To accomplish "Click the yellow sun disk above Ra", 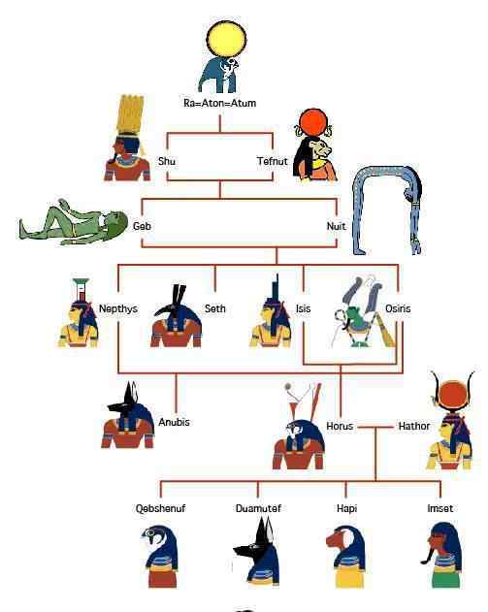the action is pyautogui.click(x=226, y=40).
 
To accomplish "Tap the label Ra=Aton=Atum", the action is pyautogui.click(x=220, y=103).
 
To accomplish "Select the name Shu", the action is pyautogui.click(x=166, y=161).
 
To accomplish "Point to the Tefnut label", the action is pyautogui.click(x=272, y=161).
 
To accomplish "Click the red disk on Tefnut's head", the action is pyautogui.click(x=312, y=123).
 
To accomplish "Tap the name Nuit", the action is pyautogui.click(x=336, y=226).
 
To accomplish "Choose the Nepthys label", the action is pyautogui.click(x=118, y=308).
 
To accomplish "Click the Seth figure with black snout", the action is pyautogui.click(x=176, y=318).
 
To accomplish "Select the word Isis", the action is pyautogui.click(x=303, y=308).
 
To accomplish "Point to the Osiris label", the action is pyautogui.click(x=398, y=308).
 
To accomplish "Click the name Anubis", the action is pyautogui.click(x=174, y=422).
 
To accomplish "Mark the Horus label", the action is pyautogui.click(x=340, y=426).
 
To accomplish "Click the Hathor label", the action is pyautogui.click(x=414, y=426).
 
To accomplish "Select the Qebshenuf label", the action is pyautogui.click(x=160, y=508).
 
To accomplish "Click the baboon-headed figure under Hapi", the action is pyautogui.click(x=346, y=556).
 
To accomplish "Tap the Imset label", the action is pyautogui.click(x=440, y=508).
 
